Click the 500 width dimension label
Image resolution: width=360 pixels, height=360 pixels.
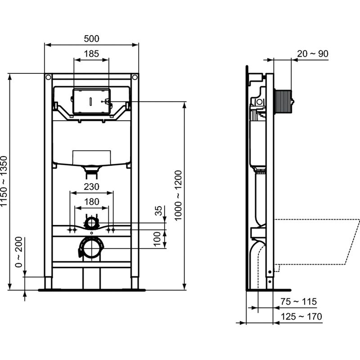[91, 39]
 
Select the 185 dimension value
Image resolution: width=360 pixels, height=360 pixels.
[91, 54]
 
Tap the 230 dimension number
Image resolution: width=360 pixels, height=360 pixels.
[91, 186]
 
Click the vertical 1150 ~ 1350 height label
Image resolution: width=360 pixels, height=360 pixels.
[4, 182]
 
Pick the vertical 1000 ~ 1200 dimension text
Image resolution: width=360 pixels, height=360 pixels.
[178, 195]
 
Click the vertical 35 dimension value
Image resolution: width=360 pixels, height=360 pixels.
[158, 211]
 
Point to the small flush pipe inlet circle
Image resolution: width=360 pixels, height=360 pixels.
[91, 222]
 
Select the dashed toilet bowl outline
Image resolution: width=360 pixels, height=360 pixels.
[315, 241]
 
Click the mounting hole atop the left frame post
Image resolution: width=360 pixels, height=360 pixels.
[48, 77]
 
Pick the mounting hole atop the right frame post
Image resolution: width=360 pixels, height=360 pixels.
[135, 77]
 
